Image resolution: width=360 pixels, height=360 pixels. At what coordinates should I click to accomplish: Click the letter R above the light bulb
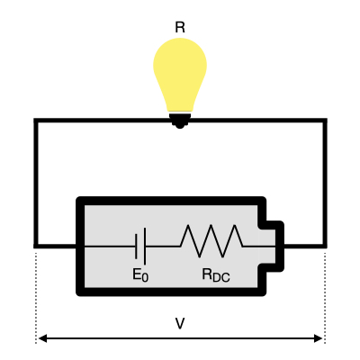180,27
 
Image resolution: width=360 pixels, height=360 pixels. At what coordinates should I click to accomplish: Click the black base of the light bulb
180,119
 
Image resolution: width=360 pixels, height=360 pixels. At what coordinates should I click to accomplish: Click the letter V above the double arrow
180,321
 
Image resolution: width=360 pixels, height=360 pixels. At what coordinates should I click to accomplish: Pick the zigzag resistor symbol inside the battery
211,241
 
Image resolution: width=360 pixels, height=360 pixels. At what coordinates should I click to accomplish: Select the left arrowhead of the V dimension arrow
41,339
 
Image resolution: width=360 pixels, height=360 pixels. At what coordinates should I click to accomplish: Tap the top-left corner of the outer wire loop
36,120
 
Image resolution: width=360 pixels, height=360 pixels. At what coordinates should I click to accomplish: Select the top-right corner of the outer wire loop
324,120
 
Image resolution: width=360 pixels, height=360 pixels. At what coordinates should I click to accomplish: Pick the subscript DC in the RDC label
220,278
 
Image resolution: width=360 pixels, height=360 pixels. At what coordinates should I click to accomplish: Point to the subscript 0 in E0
144,278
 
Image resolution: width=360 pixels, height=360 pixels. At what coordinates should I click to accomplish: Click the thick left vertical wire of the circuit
36,180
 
